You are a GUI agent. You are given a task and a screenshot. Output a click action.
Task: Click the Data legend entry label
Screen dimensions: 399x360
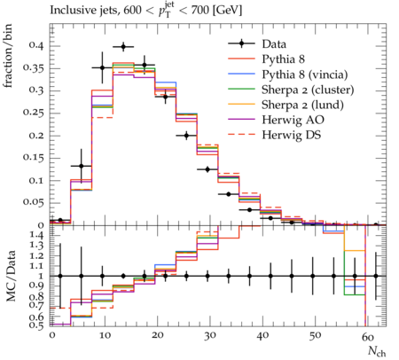point(274,44)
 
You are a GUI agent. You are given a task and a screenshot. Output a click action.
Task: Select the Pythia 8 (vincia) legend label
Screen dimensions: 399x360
point(305,74)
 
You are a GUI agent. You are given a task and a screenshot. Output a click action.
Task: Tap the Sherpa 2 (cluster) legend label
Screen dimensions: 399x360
point(308,90)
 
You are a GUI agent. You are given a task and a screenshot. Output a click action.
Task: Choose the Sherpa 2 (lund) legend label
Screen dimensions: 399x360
point(302,105)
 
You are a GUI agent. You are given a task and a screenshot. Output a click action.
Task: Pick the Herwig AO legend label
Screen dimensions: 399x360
point(293,120)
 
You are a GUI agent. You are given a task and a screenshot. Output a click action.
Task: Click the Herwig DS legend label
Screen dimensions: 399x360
point(292,135)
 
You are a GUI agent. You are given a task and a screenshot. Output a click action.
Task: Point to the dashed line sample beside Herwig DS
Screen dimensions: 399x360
point(241,134)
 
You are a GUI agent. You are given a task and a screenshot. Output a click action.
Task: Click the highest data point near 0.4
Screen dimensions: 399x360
point(123,47)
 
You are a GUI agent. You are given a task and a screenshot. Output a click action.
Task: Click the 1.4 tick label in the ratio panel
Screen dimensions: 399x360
point(37,236)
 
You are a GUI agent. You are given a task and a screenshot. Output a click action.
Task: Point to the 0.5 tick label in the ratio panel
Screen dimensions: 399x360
point(37,325)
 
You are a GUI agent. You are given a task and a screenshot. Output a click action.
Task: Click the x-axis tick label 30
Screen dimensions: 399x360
point(209,336)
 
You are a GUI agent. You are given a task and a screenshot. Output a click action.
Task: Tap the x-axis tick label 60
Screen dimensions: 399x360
point(367,336)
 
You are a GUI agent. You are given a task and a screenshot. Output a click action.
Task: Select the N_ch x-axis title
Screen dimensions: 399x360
point(377,351)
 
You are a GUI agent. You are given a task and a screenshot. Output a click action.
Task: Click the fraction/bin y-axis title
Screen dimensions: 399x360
point(8,56)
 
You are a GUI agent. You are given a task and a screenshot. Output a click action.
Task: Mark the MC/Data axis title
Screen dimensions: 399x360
point(11,276)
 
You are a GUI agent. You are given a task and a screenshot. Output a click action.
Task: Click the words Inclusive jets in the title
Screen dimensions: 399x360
point(85,11)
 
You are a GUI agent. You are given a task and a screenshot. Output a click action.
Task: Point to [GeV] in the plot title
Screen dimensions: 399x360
point(227,11)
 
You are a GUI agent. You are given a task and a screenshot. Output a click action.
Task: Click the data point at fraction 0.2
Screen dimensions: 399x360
point(186,136)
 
